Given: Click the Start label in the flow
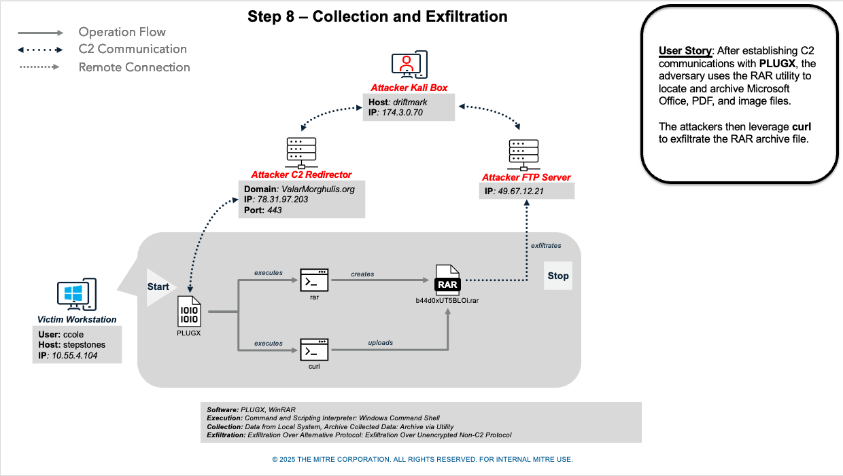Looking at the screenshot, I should click(x=158, y=287).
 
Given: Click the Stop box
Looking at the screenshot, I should click(x=557, y=276).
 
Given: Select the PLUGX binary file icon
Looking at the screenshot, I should click(x=189, y=312).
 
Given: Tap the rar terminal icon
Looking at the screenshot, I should click(x=314, y=280).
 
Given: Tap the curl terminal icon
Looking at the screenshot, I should click(x=314, y=350).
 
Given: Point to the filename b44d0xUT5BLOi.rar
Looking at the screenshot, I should click(x=448, y=299).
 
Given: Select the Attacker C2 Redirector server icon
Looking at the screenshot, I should click(x=301, y=153).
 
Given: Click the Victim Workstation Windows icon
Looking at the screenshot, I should click(x=76, y=294).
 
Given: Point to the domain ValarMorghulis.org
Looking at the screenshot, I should click(x=317, y=189).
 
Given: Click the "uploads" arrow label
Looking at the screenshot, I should click(x=381, y=342).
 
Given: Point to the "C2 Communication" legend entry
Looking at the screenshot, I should click(x=133, y=49).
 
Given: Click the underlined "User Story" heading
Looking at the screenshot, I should click(x=685, y=51).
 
